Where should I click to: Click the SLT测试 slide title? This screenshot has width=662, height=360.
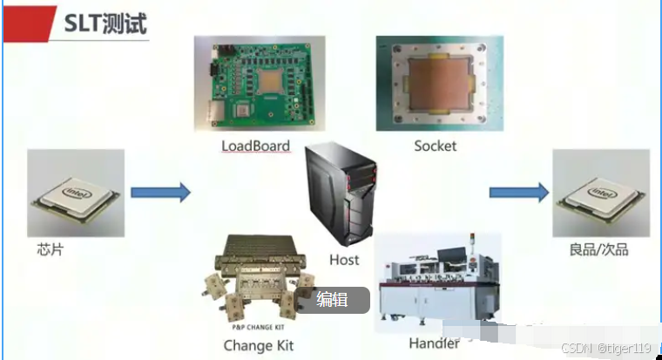[105, 24]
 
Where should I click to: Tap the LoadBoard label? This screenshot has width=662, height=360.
[256, 146]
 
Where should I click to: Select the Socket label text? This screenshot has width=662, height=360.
[435, 146]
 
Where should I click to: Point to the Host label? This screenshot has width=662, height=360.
[344, 260]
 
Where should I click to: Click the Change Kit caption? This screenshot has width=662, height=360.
[259, 346]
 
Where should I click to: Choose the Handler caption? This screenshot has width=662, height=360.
[434, 344]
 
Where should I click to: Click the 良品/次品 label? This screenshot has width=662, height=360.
[598, 250]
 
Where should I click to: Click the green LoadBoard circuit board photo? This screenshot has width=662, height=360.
[260, 85]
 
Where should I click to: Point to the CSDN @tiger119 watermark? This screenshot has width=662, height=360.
[607, 348]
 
